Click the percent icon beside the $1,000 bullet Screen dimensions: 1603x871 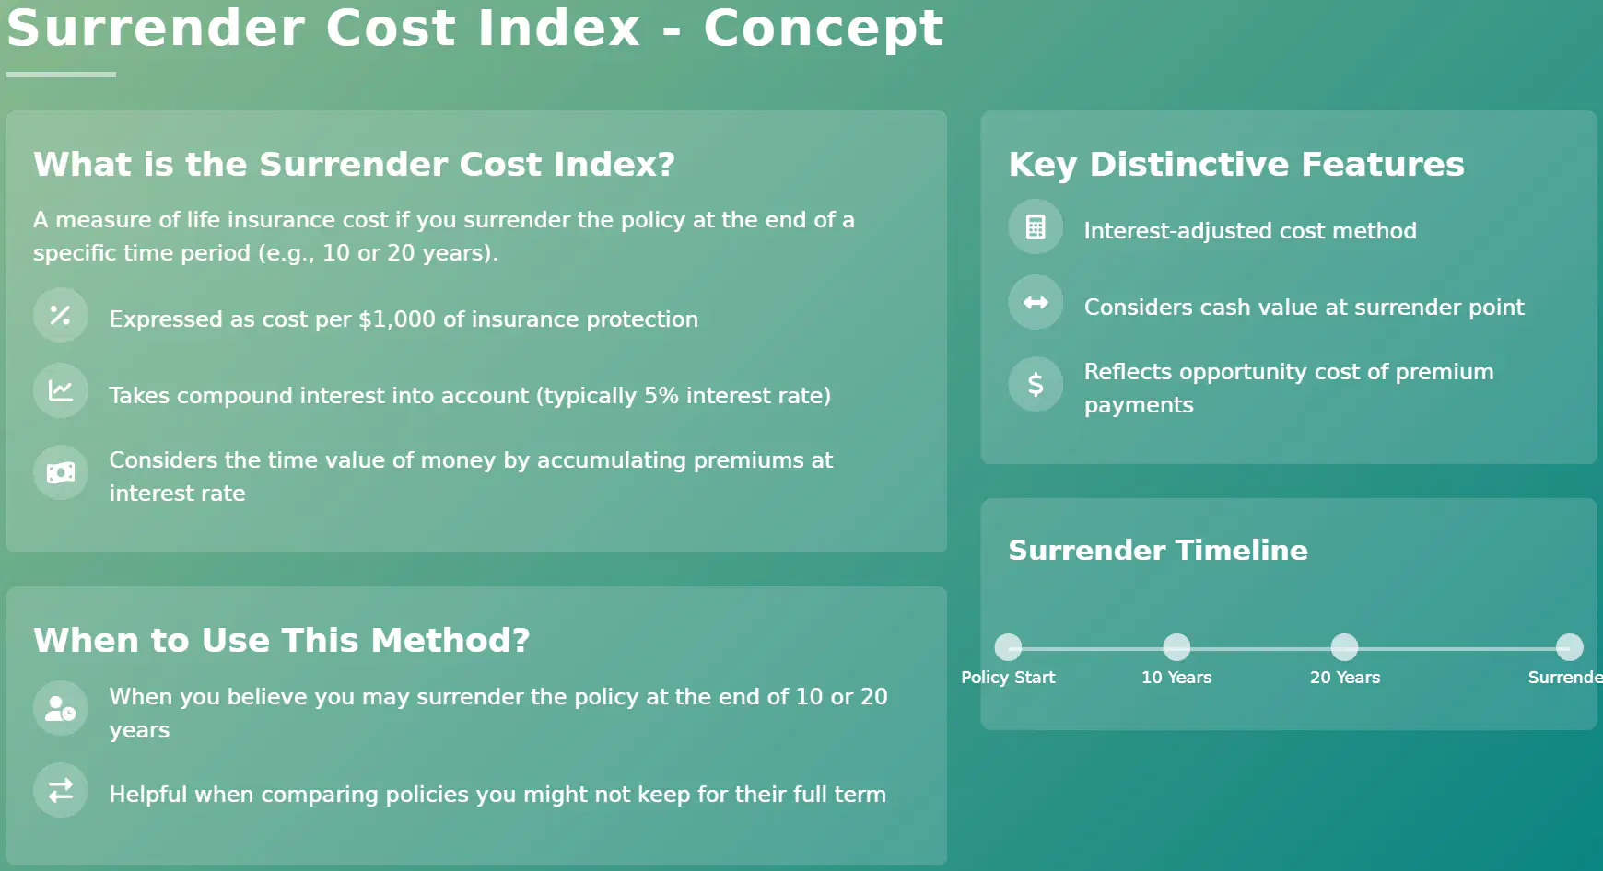(x=61, y=315)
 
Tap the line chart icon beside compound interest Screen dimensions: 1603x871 (x=61, y=390)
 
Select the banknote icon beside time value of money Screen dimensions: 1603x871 (x=61, y=473)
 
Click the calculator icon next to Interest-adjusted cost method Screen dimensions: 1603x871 (x=1036, y=226)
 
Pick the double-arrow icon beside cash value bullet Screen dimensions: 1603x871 (x=1036, y=302)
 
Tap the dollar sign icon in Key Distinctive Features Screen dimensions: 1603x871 (x=1036, y=384)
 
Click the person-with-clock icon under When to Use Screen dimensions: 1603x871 (x=61, y=708)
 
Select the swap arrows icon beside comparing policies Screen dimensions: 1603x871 (x=61, y=790)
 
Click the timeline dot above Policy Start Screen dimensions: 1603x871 (x=1009, y=647)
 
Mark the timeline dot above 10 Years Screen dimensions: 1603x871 (x=1176, y=647)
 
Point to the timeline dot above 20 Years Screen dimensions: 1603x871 (x=1345, y=647)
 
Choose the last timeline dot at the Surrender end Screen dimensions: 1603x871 (x=1570, y=647)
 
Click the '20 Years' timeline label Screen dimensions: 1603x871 (x=1345, y=678)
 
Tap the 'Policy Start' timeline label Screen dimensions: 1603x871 (x=1008, y=678)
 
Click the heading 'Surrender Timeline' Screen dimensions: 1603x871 (x=1158, y=550)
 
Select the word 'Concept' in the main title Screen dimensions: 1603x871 (x=824, y=28)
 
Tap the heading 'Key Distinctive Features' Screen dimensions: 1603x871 (x=1236, y=164)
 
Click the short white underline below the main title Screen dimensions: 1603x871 (x=61, y=75)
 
